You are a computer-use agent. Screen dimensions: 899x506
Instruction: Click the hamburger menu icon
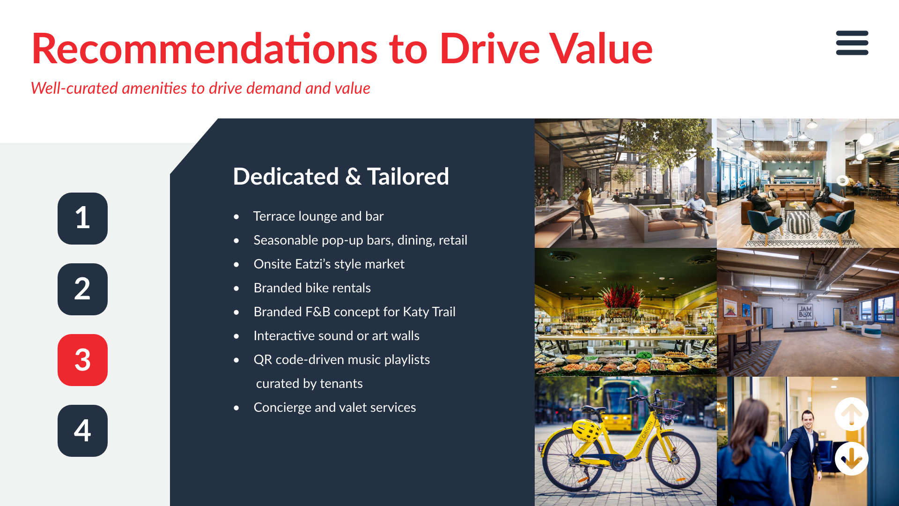(852, 43)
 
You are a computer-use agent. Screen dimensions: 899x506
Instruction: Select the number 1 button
(82, 218)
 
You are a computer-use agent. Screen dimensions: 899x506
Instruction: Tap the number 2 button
(82, 289)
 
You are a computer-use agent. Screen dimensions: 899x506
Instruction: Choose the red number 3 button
(82, 360)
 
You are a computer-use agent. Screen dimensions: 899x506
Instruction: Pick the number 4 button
(82, 431)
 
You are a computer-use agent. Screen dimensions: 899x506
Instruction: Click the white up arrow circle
(851, 414)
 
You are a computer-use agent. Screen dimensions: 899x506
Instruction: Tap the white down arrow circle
(851, 459)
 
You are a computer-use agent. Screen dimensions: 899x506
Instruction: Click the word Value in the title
(601, 48)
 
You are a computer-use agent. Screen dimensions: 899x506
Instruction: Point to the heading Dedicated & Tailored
(341, 177)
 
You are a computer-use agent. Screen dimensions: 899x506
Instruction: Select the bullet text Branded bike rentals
(312, 288)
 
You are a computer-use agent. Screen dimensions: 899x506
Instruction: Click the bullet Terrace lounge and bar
(318, 216)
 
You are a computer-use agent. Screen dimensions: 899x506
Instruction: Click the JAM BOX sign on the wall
(805, 312)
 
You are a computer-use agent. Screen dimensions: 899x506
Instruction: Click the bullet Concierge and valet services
(335, 407)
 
